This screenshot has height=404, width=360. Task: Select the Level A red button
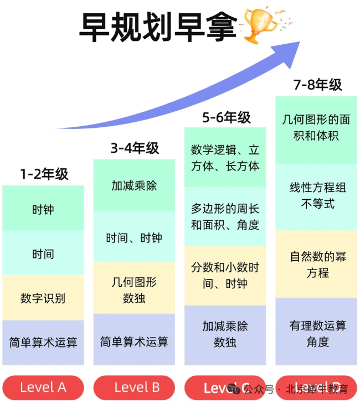pos(43,387)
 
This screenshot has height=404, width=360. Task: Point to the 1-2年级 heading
pos(44,174)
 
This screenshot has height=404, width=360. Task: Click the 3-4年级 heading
pos(135,148)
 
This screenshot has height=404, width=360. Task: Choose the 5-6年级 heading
pos(226,117)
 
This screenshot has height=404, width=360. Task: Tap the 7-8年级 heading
pos(317,85)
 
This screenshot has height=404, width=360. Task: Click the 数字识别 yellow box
pos(43,298)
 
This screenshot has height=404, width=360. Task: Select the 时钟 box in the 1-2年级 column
pos(43,209)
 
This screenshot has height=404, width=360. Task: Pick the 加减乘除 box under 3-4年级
pos(134,185)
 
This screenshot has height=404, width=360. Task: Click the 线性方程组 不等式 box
pos(317,196)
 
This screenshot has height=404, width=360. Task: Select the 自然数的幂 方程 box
pos(317,265)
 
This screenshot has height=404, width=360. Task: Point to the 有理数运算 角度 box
pos(317,333)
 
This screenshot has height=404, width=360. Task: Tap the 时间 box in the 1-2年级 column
pos(43,254)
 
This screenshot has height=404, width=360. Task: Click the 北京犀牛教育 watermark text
pos(316,389)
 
